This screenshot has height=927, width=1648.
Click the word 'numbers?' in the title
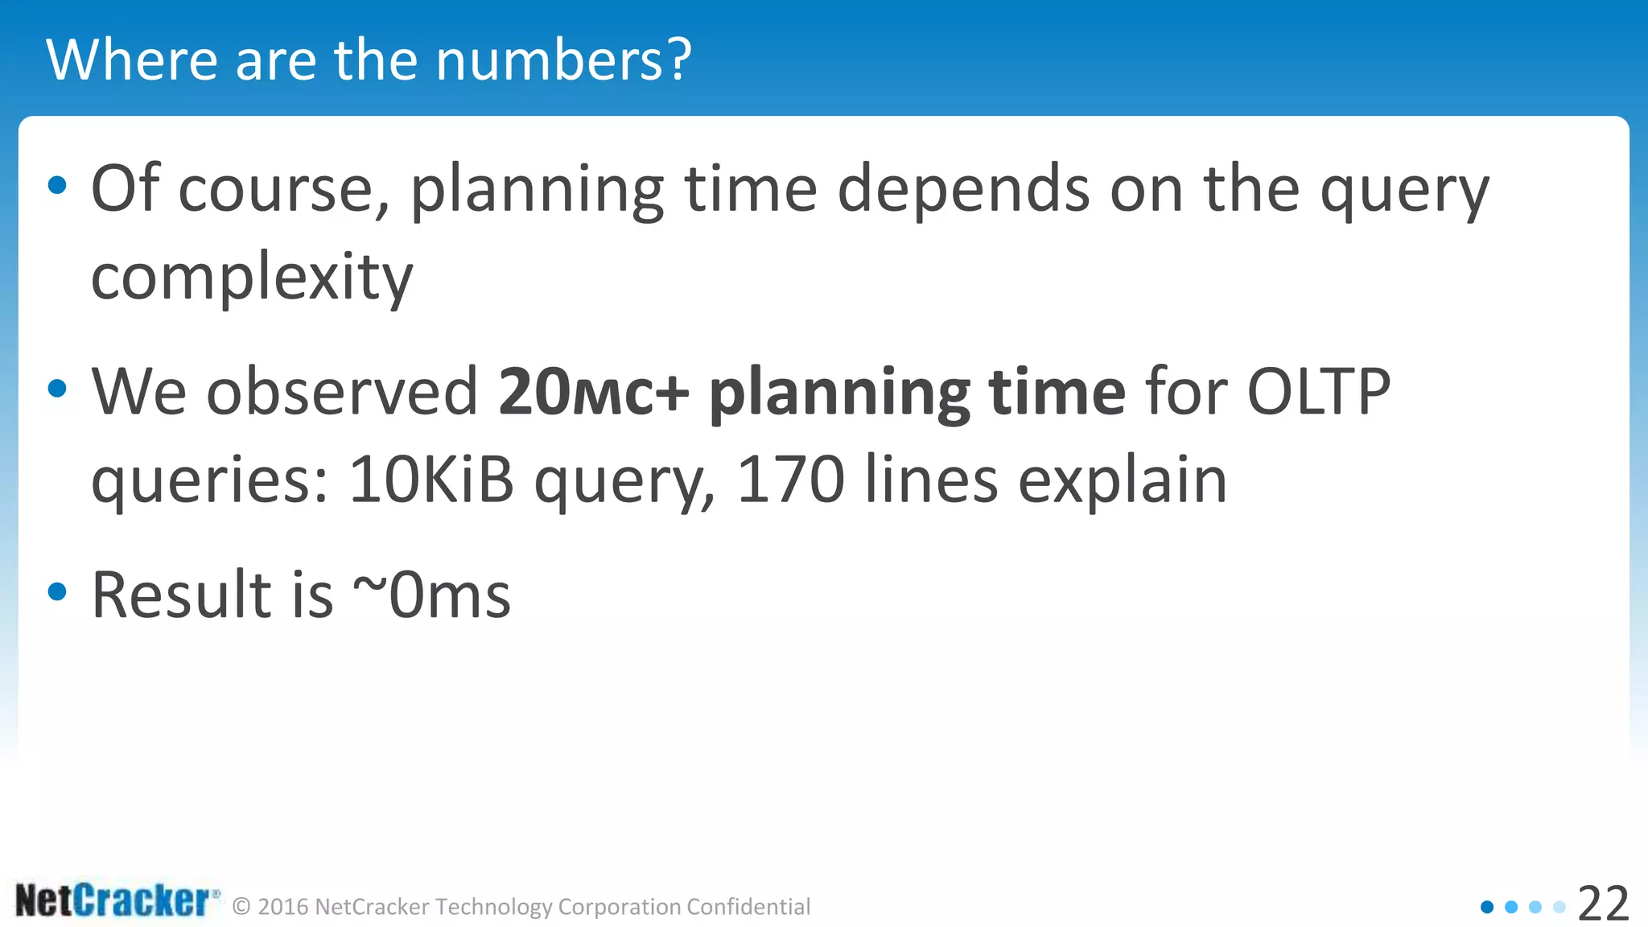pos(563,60)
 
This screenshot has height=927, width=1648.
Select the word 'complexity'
pos(252,277)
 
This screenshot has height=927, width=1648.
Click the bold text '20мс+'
pos(594,392)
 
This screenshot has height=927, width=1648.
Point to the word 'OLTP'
pos(1318,392)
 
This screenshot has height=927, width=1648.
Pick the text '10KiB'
pos(431,480)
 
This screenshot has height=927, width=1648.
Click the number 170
pos(790,480)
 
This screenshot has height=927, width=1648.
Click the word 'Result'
pos(181,595)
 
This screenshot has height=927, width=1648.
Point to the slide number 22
pos(1603,904)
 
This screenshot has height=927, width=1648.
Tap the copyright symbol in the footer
pos(241,908)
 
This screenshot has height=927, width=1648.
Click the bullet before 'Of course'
pos(57,186)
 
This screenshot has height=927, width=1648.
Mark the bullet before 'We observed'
pos(57,389)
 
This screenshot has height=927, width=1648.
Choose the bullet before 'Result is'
pos(57,592)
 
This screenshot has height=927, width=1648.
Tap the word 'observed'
pos(342,392)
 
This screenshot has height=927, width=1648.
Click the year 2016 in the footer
pos(283,907)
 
